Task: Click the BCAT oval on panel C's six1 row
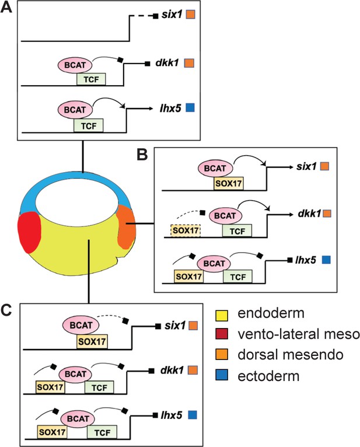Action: (79, 324)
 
